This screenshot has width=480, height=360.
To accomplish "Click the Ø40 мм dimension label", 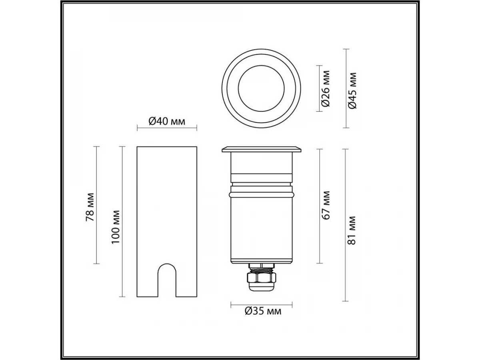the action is [167, 121].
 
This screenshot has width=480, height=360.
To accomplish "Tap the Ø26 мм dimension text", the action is [326, 88].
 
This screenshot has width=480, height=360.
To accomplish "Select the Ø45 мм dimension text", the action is [352, 90].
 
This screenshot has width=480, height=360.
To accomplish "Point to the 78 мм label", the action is [90, 207].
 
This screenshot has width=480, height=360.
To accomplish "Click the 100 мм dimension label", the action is [116, 227].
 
